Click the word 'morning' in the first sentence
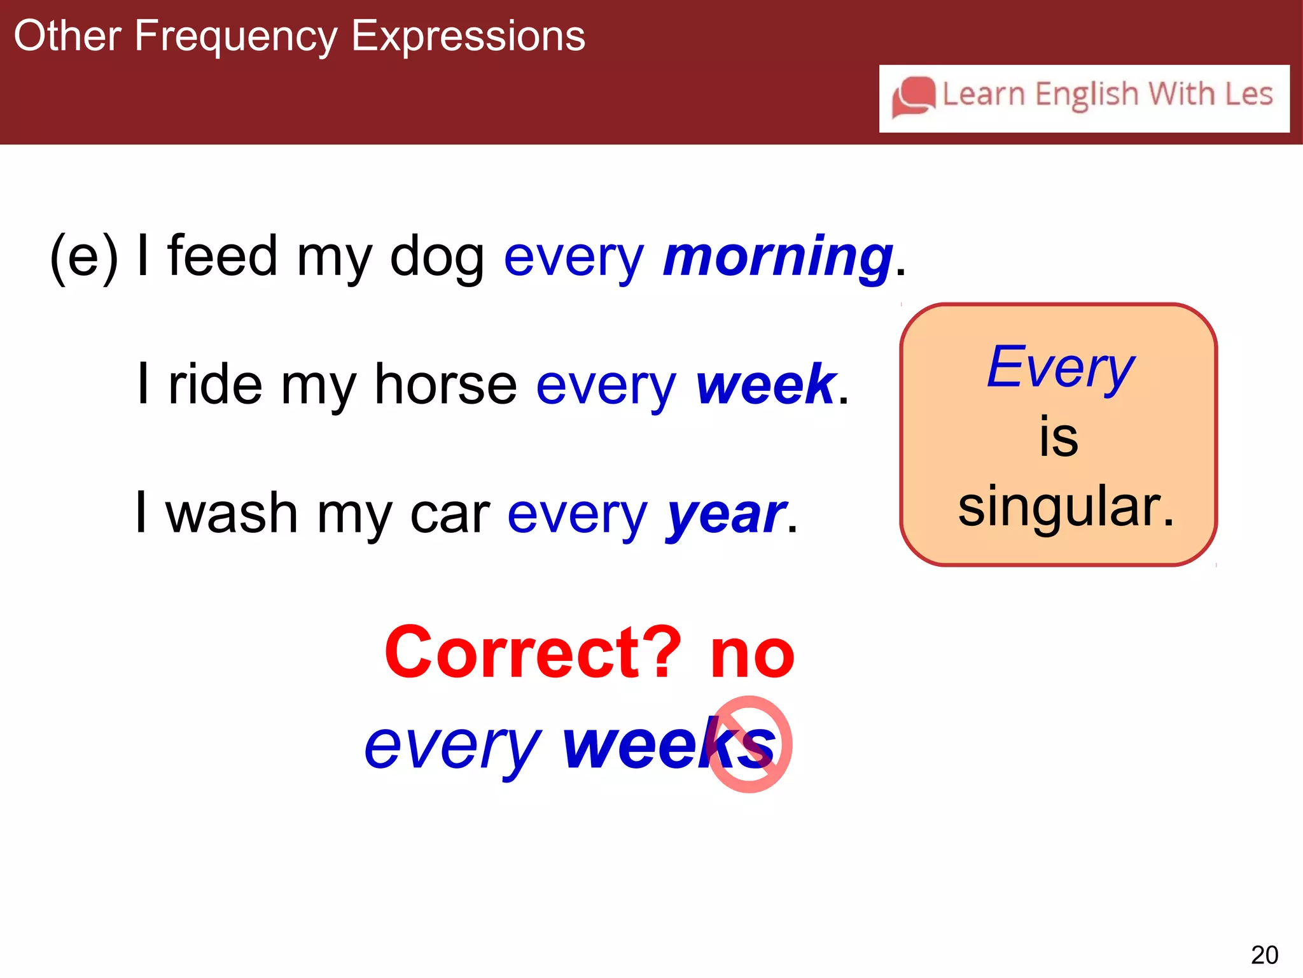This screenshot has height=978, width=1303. tap(777, 257)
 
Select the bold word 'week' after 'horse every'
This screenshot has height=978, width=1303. tap(765, 385)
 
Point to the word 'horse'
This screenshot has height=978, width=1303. tap(445, 385)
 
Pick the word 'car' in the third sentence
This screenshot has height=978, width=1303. tap(450, 514)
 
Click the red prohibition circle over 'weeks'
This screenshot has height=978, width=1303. tap(749, 744)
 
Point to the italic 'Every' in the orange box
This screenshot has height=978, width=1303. tap(1060, 368)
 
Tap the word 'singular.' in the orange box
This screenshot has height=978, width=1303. tap(1066, 507)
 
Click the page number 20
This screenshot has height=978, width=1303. tap(1264, 955)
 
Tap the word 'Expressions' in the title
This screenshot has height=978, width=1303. tap(468, 37)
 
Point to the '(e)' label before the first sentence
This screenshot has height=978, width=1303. tap(84, 257)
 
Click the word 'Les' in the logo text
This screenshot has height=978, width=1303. tap(1248, 94)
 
